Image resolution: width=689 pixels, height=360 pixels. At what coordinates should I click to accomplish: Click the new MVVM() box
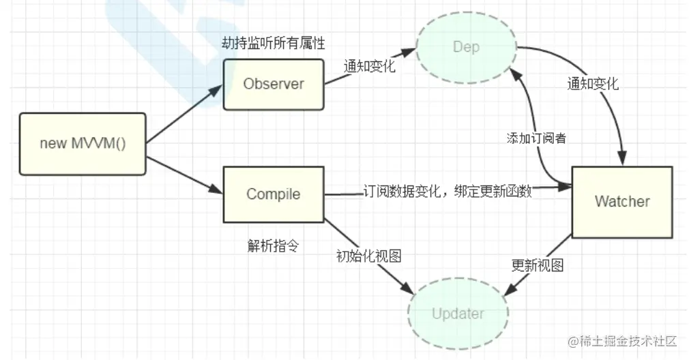point(83,143)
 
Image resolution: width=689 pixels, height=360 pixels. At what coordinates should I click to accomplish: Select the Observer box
point(273,84)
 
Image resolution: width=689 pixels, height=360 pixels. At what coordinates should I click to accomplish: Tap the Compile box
point(273,194)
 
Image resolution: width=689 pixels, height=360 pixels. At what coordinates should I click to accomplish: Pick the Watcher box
point(621,201)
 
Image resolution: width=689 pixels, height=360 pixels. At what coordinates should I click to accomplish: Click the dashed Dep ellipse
point(467,47)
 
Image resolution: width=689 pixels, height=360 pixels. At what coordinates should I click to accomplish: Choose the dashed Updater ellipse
point(458,314)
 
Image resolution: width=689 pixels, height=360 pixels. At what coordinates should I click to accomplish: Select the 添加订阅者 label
point(536,138)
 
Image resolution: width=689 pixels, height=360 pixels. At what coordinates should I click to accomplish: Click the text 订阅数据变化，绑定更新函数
point(448,192)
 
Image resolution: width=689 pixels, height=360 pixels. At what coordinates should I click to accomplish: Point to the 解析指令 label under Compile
point(272,245)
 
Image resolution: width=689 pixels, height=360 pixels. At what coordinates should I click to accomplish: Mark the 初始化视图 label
point(368,256)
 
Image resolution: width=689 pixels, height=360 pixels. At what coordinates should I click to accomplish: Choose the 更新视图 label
point(538,265)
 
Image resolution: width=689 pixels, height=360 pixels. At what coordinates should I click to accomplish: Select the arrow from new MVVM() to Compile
point(184,175)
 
